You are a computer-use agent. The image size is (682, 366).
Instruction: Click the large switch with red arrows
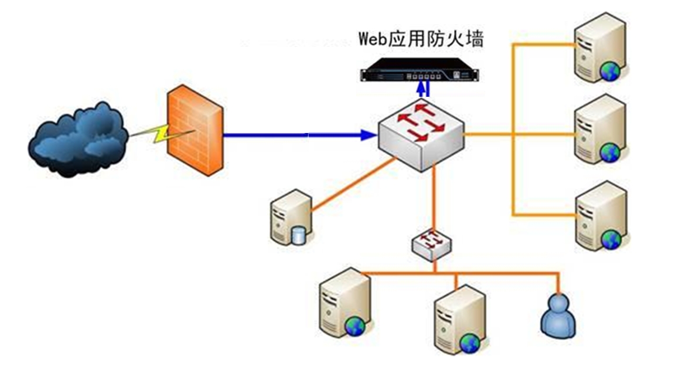[420, 134]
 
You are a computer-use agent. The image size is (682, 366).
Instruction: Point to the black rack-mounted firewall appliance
[419, 74]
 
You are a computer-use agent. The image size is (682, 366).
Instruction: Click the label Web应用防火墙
[421, 40]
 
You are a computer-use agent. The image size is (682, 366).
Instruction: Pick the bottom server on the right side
[599, 215]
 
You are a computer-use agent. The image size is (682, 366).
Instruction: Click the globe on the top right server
[610, 72]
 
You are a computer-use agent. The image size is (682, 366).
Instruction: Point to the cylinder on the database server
[299, 235]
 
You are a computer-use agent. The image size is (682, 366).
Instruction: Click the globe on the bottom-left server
[355, 326]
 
